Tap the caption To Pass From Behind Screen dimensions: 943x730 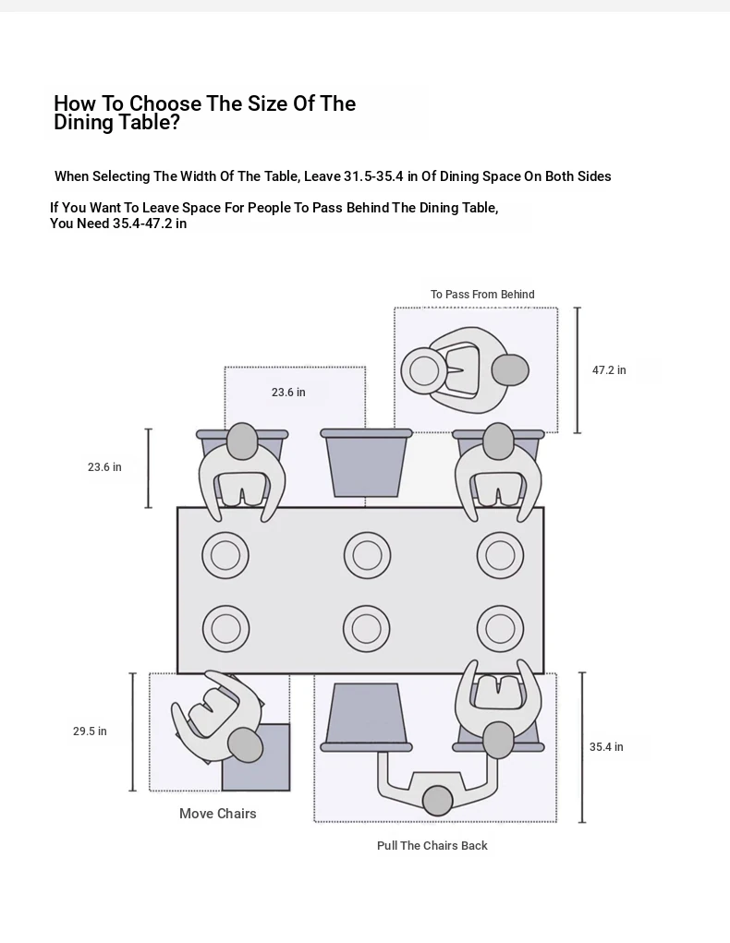482,295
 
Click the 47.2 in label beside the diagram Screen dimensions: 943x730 609,370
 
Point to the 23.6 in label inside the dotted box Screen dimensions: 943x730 288,393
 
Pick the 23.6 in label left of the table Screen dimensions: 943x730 104,467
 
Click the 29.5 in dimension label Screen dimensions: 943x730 90,731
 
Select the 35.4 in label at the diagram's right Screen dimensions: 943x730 606,747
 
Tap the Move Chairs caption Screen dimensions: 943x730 218,814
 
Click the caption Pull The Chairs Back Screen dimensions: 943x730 432,846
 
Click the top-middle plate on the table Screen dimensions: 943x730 367,555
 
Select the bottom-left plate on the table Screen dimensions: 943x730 225,629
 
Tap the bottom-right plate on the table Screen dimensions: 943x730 500,629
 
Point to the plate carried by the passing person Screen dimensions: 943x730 424,370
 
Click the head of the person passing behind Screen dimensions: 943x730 510,370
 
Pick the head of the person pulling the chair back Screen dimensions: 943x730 437,800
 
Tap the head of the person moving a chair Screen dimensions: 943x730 245,744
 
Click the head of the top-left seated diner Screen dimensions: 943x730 242,441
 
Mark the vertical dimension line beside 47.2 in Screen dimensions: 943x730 578,370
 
